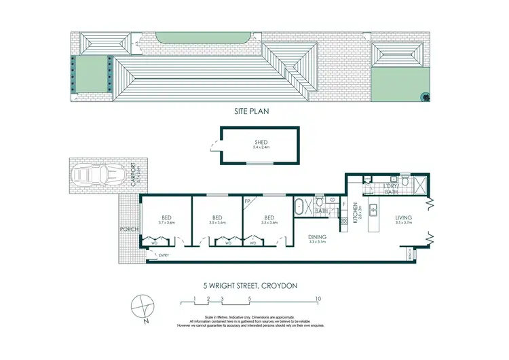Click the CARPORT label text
[134, 176]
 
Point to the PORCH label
[128, 229]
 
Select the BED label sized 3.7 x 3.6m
[167, 219]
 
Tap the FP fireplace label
[248, 201]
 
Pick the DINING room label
[318, 236]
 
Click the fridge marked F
[344, 204]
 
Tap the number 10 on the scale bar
[318, 298]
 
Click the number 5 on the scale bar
[250, 298]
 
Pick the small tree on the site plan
[426, 96]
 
